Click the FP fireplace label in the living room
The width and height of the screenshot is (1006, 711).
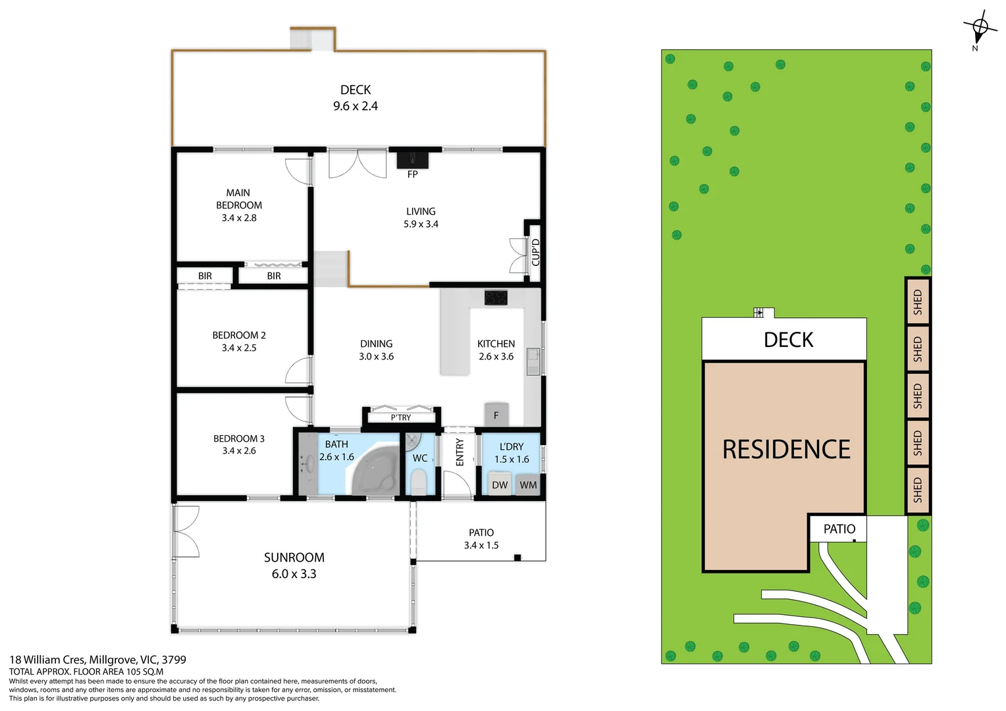[412, 174]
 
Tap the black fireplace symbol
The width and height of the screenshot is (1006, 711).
[412, 160]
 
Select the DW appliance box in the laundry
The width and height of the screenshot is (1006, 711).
[500, 485]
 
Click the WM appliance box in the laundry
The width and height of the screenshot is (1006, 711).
[528, 485]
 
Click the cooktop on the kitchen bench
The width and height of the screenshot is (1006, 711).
[496, 298]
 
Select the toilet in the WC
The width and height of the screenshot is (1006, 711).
[419, 481]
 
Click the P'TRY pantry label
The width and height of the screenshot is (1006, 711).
[401, 417]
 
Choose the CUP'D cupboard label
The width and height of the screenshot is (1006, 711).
[535, 253]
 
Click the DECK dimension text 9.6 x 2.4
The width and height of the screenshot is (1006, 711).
[356, 106]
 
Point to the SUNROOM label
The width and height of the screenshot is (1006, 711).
[294, 558]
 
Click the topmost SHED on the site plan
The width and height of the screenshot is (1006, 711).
[917, 302]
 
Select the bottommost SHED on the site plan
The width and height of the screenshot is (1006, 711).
[917, 490]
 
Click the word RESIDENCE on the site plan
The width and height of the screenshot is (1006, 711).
[786, 450]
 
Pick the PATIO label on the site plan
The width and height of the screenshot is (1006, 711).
[839, 529]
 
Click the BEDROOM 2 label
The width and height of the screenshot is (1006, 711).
[239, 335]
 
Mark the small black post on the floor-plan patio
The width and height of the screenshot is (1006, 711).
[517, 558]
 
